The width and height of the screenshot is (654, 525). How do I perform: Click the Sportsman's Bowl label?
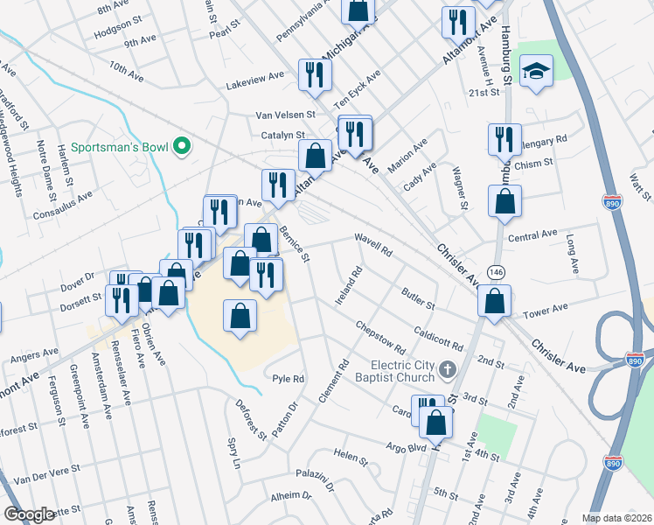point(120,146)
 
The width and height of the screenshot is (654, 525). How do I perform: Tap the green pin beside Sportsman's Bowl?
point(182,146)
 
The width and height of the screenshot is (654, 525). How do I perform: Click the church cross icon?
point(449,368)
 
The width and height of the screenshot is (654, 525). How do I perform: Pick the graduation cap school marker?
point(532,71)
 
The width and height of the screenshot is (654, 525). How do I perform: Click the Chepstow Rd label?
point(380,338)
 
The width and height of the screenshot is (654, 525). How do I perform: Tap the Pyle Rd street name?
point(288,379)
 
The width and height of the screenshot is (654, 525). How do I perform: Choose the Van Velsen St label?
point(284,115)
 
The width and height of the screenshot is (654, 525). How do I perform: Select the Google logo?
point(30,514)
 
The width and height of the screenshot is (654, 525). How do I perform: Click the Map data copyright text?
point(617,518)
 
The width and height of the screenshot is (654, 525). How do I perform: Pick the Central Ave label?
point(532,236)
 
